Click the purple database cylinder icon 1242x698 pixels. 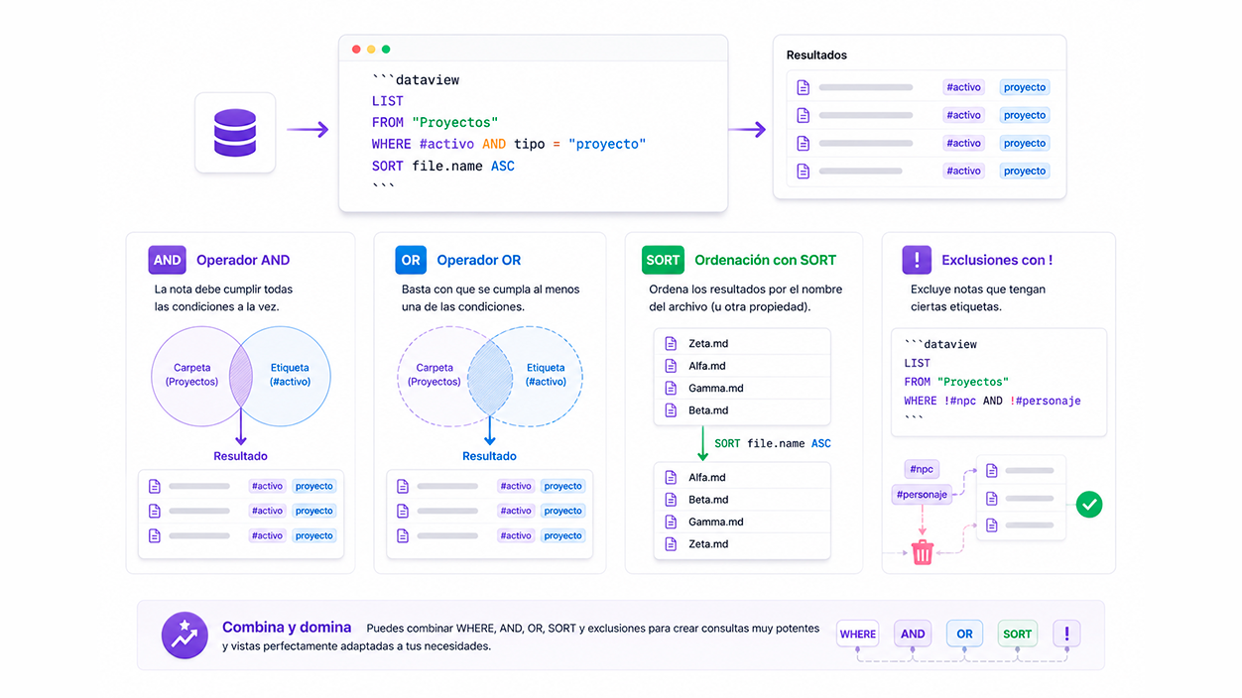(235, 133)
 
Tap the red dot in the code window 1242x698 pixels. (356, 50)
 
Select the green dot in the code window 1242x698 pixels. (386, 50)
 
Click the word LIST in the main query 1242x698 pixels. (387, 101)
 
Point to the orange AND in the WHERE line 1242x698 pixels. (493, 144)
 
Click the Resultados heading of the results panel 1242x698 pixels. (816, 55)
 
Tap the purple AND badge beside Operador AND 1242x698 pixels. (167, 260)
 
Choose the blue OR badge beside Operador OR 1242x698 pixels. (411, 260)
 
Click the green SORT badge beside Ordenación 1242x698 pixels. (663, 260)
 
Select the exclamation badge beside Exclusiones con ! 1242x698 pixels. (917, 260)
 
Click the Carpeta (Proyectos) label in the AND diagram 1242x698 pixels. (191, 375)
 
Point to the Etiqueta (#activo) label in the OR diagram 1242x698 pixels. (546, 375)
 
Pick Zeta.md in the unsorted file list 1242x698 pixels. (708, 343)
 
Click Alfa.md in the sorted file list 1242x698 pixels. (707, 477)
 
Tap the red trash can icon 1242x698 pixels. (923, 551)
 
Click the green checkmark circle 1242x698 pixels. (1089, 504)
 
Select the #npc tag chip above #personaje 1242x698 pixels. (922, 469)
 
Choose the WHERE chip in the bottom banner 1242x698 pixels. (858, 634)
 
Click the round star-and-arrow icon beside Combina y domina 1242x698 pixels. (185, 635)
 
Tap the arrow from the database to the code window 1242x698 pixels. (308, 129)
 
